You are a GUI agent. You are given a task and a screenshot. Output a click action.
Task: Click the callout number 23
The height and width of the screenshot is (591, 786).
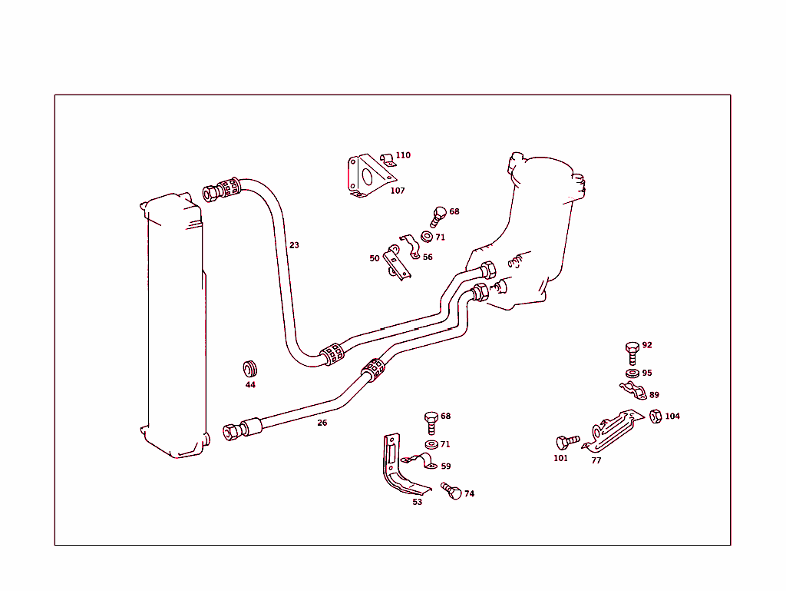tap(294, 246)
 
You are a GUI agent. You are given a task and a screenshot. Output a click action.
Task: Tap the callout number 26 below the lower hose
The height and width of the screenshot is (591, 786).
tap(322, 423)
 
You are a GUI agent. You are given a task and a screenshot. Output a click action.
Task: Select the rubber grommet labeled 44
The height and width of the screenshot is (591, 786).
tap(249, 367)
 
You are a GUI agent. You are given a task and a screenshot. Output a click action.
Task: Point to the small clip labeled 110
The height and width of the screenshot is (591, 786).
tap(388, 159)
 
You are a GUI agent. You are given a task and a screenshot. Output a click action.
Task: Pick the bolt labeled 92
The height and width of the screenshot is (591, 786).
tap(632, 351)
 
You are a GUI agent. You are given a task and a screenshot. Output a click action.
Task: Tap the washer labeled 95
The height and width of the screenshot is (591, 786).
tap(632, 374)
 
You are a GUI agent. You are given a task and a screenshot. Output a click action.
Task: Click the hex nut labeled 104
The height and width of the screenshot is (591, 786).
tap(656, 417)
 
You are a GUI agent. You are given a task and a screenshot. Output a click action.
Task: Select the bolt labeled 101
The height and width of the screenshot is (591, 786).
tap(567, 442)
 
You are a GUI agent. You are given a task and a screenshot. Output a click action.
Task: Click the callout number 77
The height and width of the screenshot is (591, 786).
tap(596, 461)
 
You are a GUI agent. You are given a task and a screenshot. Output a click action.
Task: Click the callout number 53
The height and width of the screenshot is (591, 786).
tap(417, 503)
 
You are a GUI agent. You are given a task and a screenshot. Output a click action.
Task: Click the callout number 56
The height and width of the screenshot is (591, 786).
tap(428, 257)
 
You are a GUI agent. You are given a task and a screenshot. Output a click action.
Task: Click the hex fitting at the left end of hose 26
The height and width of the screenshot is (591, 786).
tap(232, 431)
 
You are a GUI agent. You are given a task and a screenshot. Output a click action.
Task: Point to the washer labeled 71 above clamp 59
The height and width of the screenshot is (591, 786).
tap(428, 445)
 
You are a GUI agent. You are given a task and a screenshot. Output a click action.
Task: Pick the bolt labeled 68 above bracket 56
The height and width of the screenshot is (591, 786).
tap(438, 215)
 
